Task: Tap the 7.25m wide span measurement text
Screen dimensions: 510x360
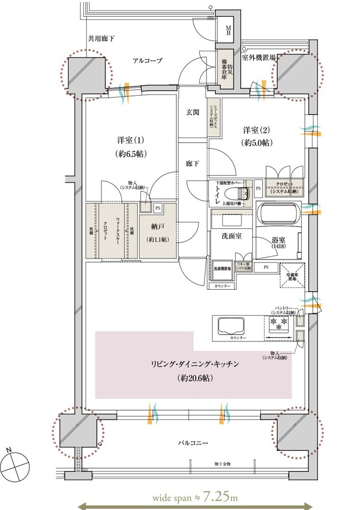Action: [194, 495]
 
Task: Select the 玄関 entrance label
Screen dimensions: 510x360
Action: [192, 114]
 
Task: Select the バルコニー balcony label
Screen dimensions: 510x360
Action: [192, 443]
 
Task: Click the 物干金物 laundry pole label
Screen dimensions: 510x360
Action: [223, 464]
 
